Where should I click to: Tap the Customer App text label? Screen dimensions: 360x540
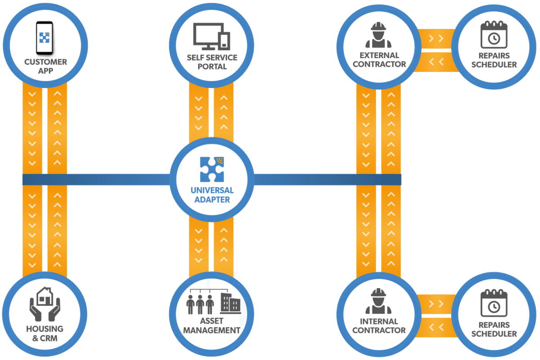[x=45, y=66]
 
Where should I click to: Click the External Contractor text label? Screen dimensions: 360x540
[x=379, y=60]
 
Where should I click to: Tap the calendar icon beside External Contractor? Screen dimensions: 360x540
[x=494, y=35]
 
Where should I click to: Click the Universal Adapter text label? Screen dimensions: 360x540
[x=212, y=195]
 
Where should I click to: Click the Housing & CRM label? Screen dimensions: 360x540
[x=45, y=333]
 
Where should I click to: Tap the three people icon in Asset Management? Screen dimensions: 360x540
[x=200, y=304]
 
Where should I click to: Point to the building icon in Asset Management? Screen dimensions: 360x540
[x=230, y=302]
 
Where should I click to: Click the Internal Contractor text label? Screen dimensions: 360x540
[x=379, y=326]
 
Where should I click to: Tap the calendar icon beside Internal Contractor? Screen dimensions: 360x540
[x=494, y=303]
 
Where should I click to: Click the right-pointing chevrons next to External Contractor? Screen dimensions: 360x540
[x=435, y=39]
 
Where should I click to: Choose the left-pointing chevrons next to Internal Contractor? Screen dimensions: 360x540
[x=435, y=327]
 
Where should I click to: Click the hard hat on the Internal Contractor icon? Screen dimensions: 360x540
[x=378, y=293]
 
